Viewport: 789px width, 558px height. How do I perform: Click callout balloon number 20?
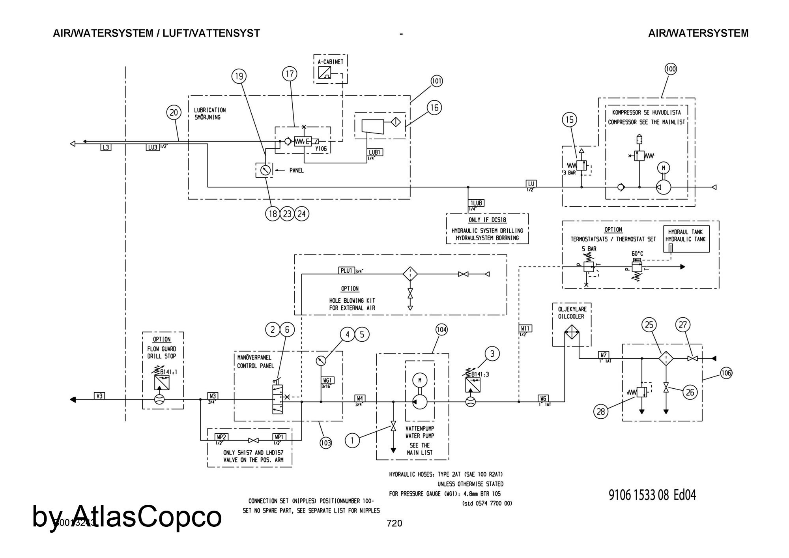point(174,113)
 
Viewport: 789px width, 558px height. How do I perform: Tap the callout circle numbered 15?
point(570,120)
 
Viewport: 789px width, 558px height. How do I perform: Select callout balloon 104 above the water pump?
point(441,330)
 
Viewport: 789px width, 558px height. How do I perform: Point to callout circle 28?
point(601,412)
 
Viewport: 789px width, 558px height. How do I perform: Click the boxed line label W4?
point(360,398)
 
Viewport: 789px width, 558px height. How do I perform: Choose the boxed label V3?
point(100,395)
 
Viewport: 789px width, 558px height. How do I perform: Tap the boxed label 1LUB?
point(477,203)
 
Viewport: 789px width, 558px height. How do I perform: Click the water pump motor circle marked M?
point(420,380)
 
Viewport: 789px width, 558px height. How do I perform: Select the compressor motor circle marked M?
point(663,168)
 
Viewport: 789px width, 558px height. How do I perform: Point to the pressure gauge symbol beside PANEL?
point(265,170)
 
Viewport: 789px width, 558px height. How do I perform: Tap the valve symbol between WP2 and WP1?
point(253,440)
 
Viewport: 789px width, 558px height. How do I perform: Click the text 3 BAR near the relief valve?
point(569,172)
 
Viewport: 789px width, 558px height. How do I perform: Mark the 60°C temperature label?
point(637,254)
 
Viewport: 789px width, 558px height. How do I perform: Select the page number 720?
point(394,523)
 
